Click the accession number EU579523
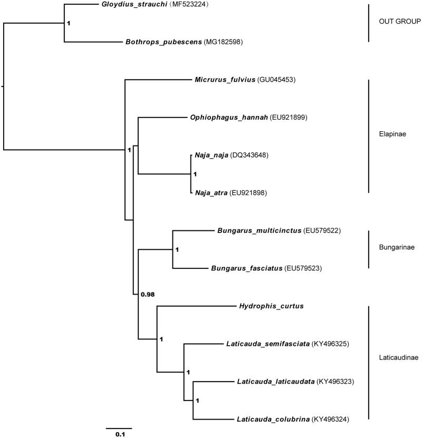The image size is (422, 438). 303,268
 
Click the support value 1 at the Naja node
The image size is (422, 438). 195,173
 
